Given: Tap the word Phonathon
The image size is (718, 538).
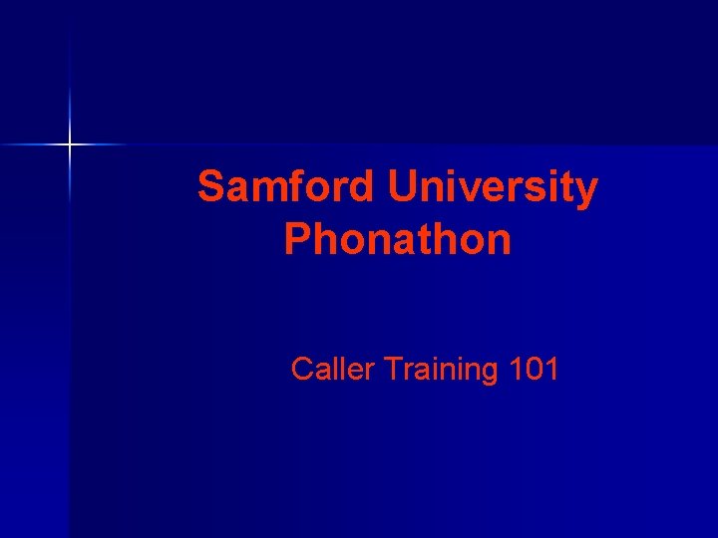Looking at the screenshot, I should click(398, 240).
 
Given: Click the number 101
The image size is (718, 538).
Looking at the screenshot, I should click(534, 370).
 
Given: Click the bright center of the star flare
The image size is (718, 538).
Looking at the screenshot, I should click(70, 145).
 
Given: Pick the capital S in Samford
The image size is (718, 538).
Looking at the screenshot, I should click(212, 187).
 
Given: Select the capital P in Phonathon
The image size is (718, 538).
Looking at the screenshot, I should click(296, 240).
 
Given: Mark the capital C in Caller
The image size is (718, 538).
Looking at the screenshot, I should click(302, 370).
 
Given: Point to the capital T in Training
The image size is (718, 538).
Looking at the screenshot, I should click(392, 370).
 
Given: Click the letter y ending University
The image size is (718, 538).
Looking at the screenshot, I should click(587, 192).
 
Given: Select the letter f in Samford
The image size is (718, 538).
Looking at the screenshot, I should click(298, 187).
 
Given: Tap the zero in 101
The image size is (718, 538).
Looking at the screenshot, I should click(534, 370).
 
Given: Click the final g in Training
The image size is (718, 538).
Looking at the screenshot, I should click(489, 374).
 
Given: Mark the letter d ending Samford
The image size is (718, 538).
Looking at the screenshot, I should click(362, 187).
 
